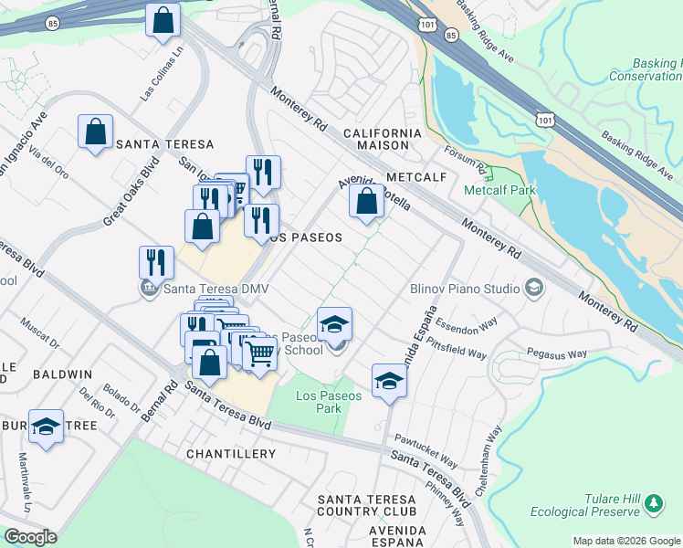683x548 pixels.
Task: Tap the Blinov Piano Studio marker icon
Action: [534, 290]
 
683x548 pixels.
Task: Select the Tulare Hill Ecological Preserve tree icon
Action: [653, 503]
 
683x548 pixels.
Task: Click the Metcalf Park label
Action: [499, 191]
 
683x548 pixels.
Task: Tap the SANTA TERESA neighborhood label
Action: [164, 144]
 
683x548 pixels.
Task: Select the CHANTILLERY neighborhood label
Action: [230, 454]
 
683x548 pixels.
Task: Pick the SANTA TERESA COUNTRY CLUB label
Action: [367, 505]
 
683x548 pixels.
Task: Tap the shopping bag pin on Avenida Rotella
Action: [366, 201]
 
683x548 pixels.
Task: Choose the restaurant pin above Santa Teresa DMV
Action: [156, 262]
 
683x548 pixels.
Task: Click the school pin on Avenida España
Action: [389, 380]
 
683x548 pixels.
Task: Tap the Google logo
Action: [30, 537]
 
